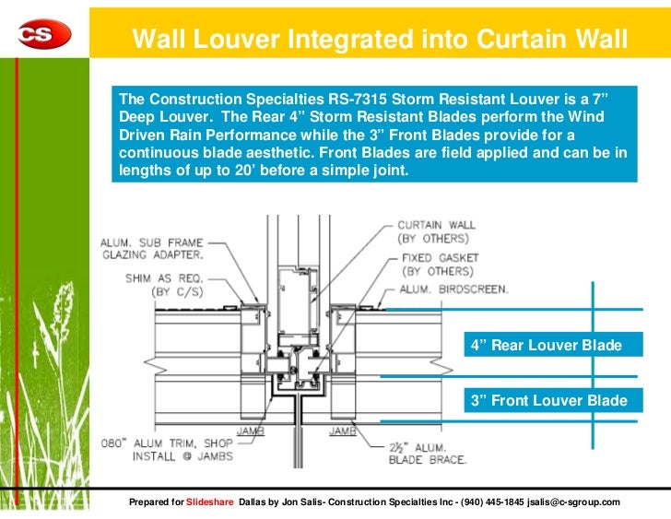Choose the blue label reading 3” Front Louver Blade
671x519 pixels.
click(548, 401)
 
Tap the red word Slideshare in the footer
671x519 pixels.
click(210, 502)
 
